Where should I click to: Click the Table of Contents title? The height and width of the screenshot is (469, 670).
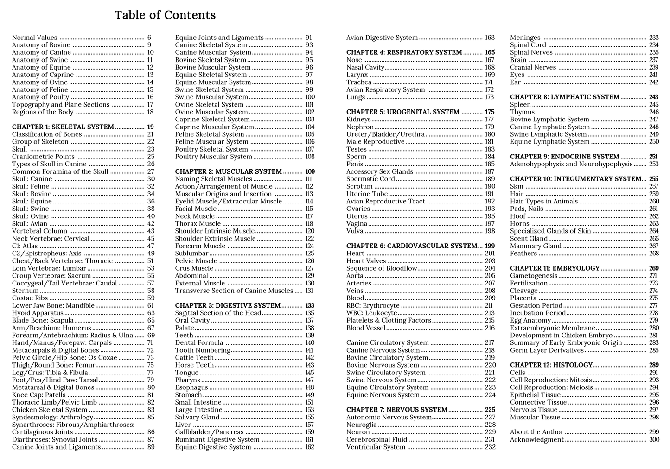165,15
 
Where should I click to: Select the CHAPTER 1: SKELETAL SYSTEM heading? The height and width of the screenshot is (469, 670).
63,127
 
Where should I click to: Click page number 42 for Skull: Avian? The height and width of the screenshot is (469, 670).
151,224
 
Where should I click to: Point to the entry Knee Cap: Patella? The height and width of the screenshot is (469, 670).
39,395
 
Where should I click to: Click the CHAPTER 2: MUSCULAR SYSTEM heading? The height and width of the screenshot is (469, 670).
228,171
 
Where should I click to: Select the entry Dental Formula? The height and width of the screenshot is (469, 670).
199,343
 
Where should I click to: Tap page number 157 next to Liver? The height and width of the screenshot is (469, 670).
309,425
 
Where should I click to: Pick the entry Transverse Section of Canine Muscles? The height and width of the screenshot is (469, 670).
234,291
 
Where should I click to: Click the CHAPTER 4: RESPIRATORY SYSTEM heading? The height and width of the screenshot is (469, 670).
404,52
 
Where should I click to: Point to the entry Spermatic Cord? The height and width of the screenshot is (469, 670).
370,179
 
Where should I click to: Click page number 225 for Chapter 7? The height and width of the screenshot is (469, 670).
490,410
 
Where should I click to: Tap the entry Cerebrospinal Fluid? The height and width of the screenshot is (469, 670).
376,439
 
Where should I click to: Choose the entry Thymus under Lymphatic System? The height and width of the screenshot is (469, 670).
522,112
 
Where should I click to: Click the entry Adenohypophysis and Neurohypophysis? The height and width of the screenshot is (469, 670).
571,164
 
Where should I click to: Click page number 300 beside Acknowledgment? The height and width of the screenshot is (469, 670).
654,439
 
